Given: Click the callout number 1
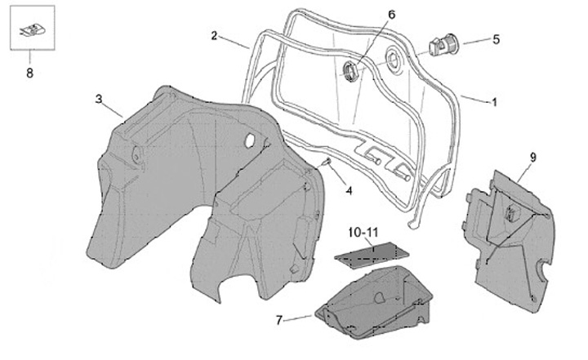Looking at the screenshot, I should tap(494, 102).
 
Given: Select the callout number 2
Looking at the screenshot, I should tap(214, 36).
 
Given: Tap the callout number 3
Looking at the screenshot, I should tap(98, 99).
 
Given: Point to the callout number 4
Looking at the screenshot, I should tap(349, 191).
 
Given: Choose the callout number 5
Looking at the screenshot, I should tap(495, 38).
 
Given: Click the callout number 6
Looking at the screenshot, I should tap(390, 16).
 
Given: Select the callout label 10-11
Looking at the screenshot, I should tap(362, 231).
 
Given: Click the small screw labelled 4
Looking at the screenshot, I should tap(327, 162).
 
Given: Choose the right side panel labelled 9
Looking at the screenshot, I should tap(510, 237).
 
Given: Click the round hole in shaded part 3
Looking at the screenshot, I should tap(248, 142).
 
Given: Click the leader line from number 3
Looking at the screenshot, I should tap(112, 109).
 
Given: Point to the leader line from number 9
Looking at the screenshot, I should tap(522, 172).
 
